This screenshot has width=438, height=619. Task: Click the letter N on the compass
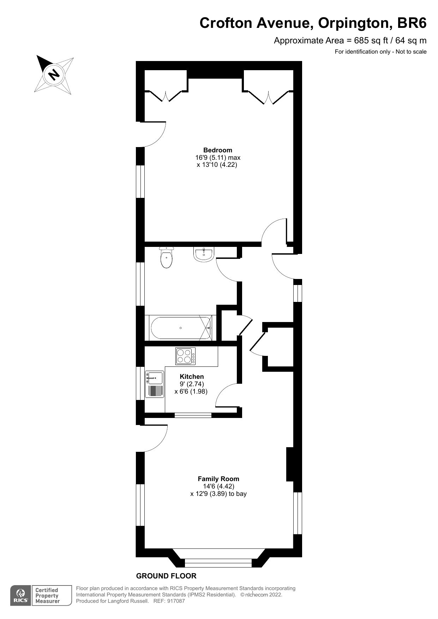click(x=54, y=74)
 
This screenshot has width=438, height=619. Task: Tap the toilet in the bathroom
click(x=167, y=258)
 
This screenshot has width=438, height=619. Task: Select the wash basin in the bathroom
click(x=203, y=254)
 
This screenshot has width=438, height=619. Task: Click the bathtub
click(x=181, y=328)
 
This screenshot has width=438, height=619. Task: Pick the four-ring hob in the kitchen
click(x=186, y=356)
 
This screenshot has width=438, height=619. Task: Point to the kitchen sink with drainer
click(x=155, y=384)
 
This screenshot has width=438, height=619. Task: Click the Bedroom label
click(x=218, y=150)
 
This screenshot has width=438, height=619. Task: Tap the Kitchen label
click(x=192, y=377)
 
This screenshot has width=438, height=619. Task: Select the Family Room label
click(x=218, y=479)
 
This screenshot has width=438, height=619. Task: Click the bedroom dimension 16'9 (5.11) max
click(x=218, y=157)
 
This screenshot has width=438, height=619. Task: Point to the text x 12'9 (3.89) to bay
click(x=218, y=494)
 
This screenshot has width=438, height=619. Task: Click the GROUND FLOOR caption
click(x=166, y=576)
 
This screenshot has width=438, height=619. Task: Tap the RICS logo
click(x=20, y=596)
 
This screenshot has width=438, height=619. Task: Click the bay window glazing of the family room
click(x=218, y=563)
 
